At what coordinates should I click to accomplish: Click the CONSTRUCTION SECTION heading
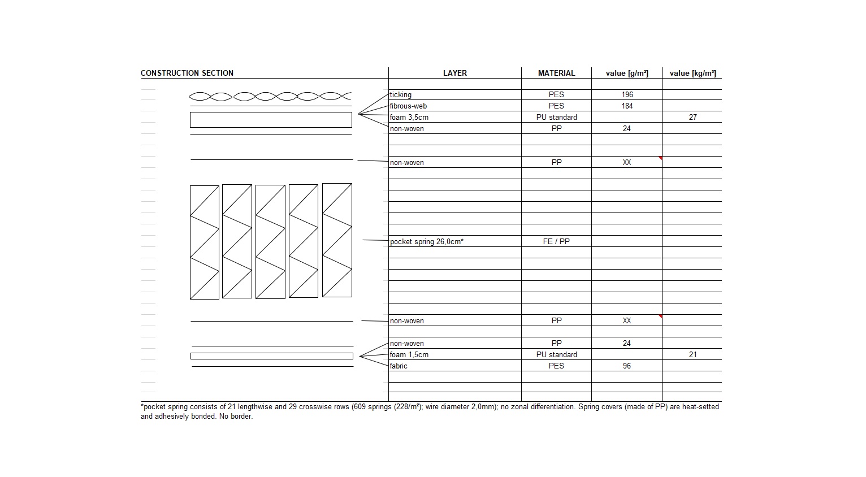pyautogui.click(x=187, y=73)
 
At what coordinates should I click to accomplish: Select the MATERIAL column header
pyautogui.click(x=556, y=73)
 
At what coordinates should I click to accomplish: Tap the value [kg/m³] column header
pyautogui.click(x=692, y=73)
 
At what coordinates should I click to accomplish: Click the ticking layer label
pyautogui.click(x=401, y=95)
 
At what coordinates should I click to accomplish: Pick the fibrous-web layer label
pyautogui.click(x=408, y=106)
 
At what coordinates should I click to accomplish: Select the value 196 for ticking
pyautogui.click(x=627, y=95)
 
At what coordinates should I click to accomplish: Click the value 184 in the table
pyautogui.click(x=627, y=106)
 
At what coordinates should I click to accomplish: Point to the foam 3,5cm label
pyautogui.click(x=409, y=118)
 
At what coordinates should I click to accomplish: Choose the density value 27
pyautogui.click(x=692, y=118)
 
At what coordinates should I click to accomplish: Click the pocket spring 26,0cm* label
pyautogui.click(x=427, y=242)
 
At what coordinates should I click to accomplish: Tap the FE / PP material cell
pyautogui.click(x=556, y=242)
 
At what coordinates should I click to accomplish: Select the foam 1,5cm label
pyautogui.click(x=409, y=355)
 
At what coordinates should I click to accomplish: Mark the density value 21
pyautogui.click(x=692, y=355)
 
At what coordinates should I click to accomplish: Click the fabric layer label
pyautogui.click(x=399, y=366)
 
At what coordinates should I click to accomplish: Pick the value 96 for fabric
pyautogui.click(x=627, y=366)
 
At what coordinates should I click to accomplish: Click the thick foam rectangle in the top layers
pyautogui.click(x=271, y=120)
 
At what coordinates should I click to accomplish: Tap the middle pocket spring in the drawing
pyautogui.click(x=270, y=242)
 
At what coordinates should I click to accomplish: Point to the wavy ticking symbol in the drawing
pyautogui.click(x=270, y=97)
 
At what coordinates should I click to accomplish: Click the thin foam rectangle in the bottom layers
pyautogui.click(x=271, y=356)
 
